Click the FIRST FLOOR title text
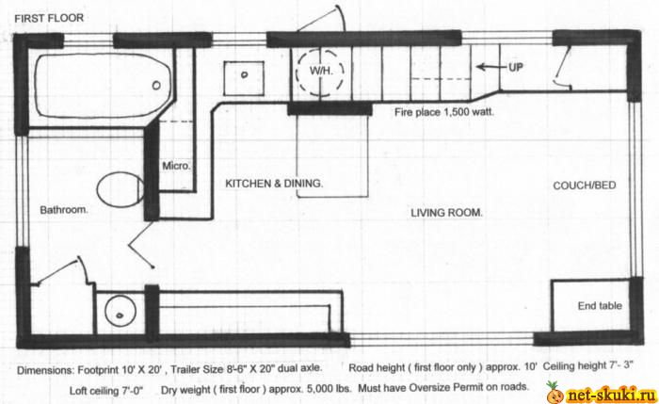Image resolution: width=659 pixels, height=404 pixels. point(49,18)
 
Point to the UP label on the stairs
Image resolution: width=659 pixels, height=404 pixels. point(515,67)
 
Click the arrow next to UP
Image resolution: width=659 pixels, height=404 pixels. point(491,67)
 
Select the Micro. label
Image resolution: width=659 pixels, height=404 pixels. point(176,166)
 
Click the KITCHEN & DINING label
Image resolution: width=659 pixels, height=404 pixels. point(274,184)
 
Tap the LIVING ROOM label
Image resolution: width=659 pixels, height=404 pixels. point(446,213)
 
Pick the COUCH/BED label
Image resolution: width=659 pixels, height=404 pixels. point(585,186)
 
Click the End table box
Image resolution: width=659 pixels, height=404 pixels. point(590,306)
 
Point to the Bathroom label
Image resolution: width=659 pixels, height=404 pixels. point(64,209)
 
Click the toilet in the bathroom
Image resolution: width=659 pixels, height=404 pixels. point(121,189)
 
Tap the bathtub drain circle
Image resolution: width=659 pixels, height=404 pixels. point(156,86)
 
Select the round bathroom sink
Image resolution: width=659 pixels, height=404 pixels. point(121,311)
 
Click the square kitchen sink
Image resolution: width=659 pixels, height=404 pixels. point(244,78)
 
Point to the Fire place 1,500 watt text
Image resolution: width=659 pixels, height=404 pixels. point(444,112)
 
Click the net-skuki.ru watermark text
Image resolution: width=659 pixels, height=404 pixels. point(611,395)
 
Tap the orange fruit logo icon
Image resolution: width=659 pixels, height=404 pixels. point(555,393)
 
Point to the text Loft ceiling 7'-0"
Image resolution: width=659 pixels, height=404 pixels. point(106,391)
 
